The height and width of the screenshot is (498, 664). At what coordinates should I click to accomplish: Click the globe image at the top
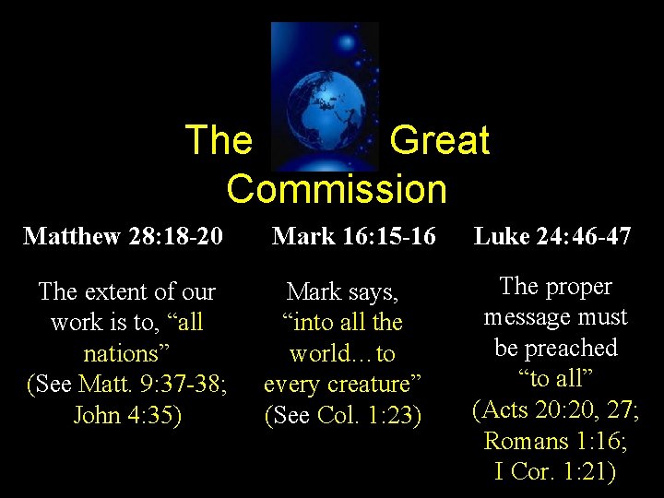click(x=325, y=97)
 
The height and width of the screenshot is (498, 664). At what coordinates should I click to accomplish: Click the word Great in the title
click(x=439, y=140)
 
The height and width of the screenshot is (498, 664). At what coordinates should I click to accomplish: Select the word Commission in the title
click(x=337, y=189)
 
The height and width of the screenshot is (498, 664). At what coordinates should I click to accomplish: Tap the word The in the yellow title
click(x=219, y=140)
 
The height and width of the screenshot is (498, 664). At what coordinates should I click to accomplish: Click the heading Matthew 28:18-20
click(x=123, y=236)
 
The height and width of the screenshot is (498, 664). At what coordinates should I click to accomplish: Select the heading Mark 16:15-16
click(x=353, y=236)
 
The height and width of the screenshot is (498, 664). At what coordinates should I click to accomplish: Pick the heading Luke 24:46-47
click(x=552, y=236)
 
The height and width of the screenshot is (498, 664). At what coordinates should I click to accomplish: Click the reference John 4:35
click(x=127, y=415)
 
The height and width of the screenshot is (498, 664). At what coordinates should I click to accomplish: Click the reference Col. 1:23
click(x=369, y=415)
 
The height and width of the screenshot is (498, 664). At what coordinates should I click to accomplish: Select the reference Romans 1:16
click(x=555, y=441)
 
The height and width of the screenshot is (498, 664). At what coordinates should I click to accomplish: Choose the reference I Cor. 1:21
click(x=555, y=471)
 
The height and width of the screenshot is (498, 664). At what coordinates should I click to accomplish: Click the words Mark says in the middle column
click(x=342, y=292)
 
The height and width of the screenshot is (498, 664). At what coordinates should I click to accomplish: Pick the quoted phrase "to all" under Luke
click(x=555, y=379)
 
